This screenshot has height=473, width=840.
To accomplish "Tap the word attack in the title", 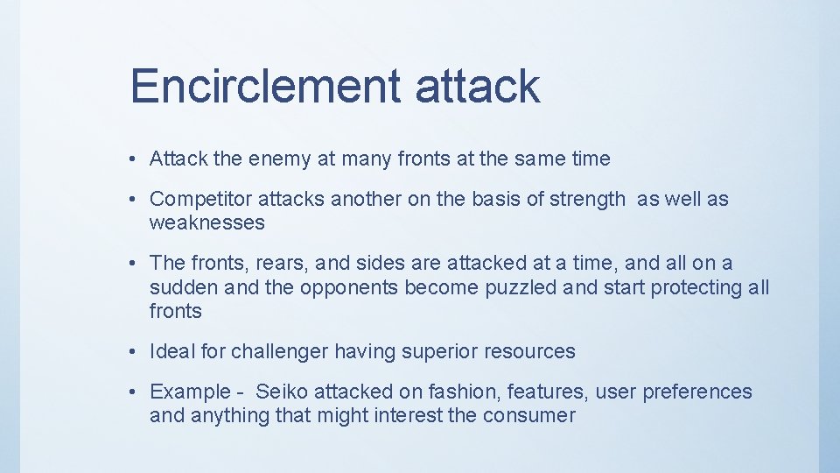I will (477, 86).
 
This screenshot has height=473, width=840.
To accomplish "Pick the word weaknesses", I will (206, 222).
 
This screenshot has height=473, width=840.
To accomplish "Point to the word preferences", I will (697, 392).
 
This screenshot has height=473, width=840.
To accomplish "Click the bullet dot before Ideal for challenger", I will (129, 352).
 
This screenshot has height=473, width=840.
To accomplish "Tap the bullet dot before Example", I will (129, 392).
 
